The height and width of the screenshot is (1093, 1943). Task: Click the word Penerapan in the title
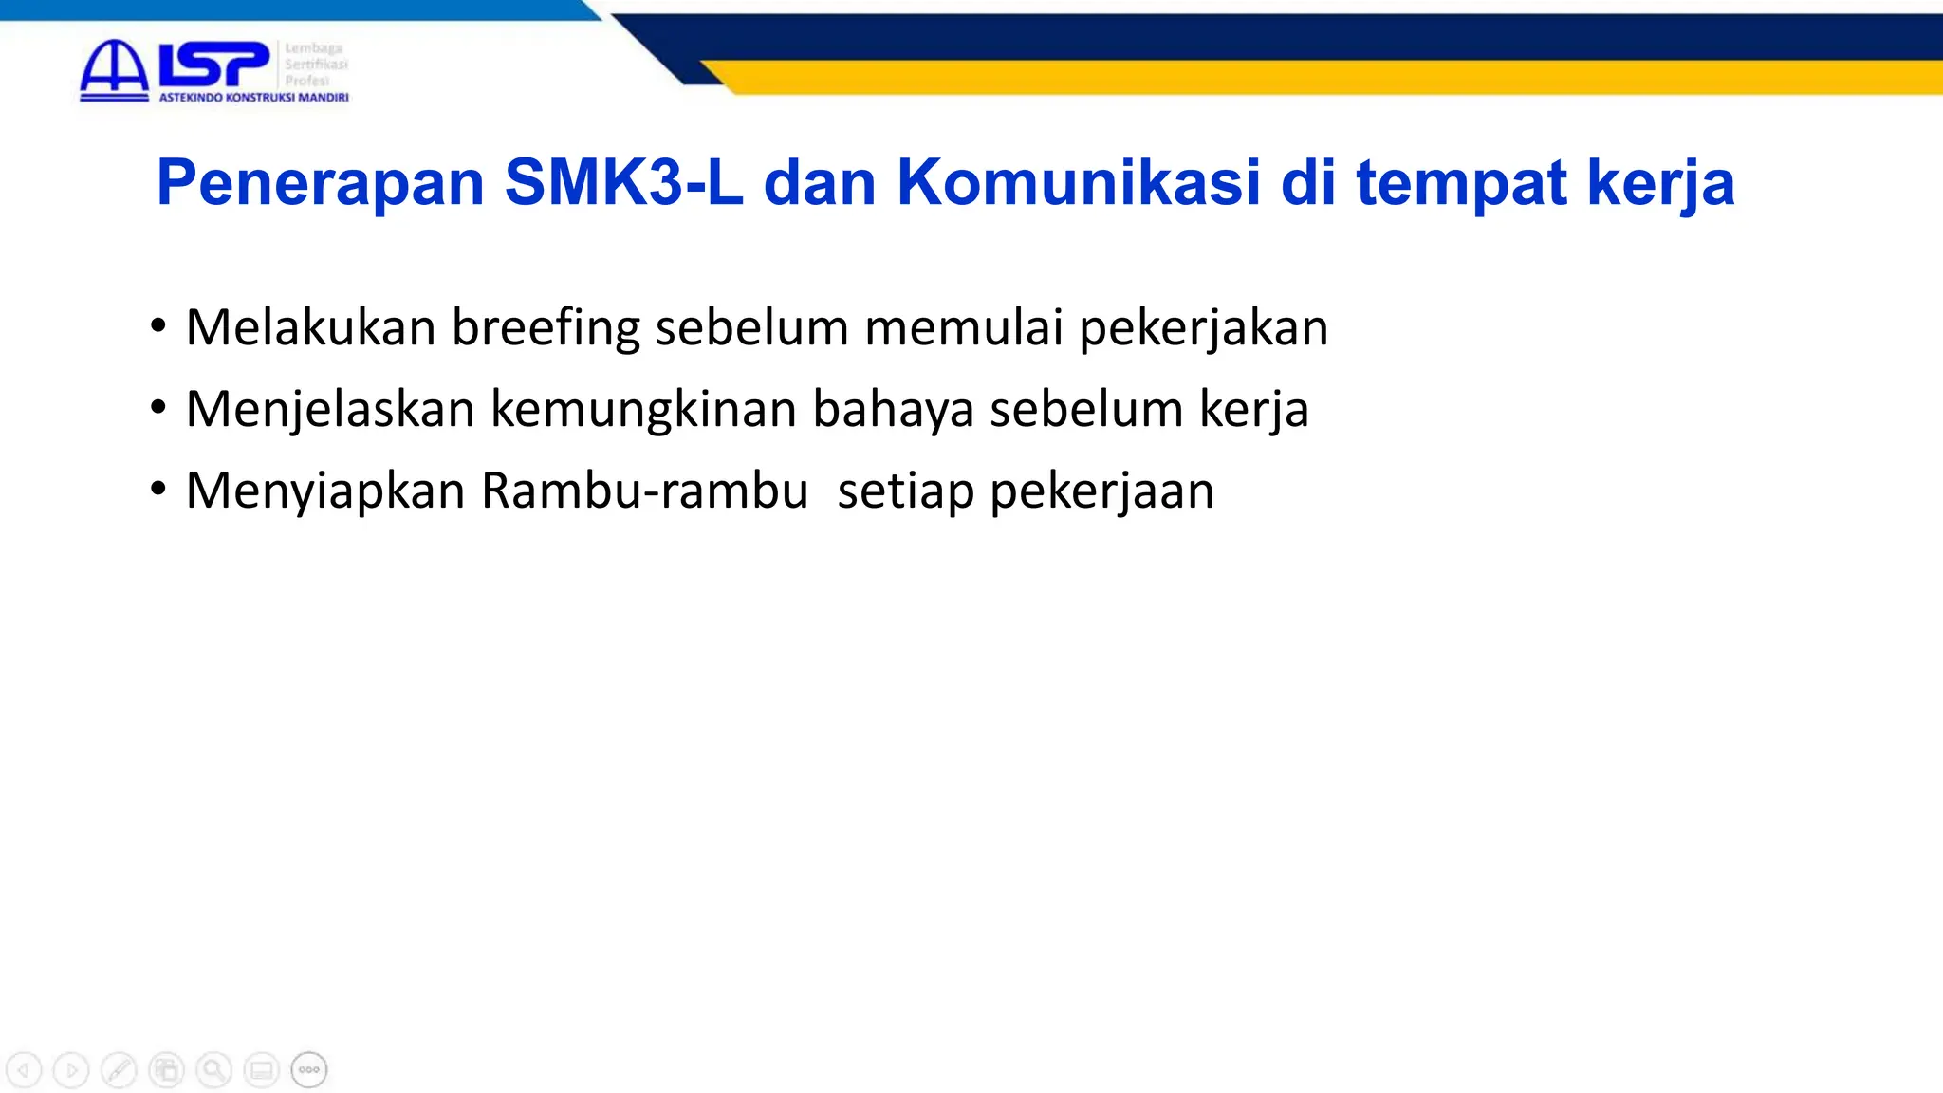click(x=321, y=182)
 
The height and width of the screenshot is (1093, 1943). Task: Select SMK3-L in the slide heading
click(x=623, y=182)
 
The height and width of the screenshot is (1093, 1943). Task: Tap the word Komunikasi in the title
click(x=1079, y=182)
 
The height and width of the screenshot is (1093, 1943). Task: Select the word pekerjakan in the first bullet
click(x=1203, y=328)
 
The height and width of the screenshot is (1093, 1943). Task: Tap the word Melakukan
click(x=310, y=328)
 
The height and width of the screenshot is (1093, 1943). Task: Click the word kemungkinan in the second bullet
click(x=643, y=410)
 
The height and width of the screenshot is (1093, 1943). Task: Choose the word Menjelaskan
click(x=329, y=410)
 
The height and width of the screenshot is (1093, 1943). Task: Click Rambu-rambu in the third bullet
click(x=644, y=491)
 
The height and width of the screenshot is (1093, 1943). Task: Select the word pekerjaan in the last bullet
click(x=1101, y=491)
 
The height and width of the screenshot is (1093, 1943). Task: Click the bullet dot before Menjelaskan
click(x=158, y=407)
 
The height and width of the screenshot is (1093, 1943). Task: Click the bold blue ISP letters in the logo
click(x=213, y=65)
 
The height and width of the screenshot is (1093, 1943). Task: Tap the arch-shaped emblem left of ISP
click(x=114, y=69)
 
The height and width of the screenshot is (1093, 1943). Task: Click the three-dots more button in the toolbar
click(x=309, y=1070)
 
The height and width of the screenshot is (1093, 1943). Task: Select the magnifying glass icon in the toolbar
click(x=213, y=1070)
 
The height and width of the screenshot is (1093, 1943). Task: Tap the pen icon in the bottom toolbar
click(x=119, y=1070)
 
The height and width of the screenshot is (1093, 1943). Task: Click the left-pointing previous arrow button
click(x=24, y=1070)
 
